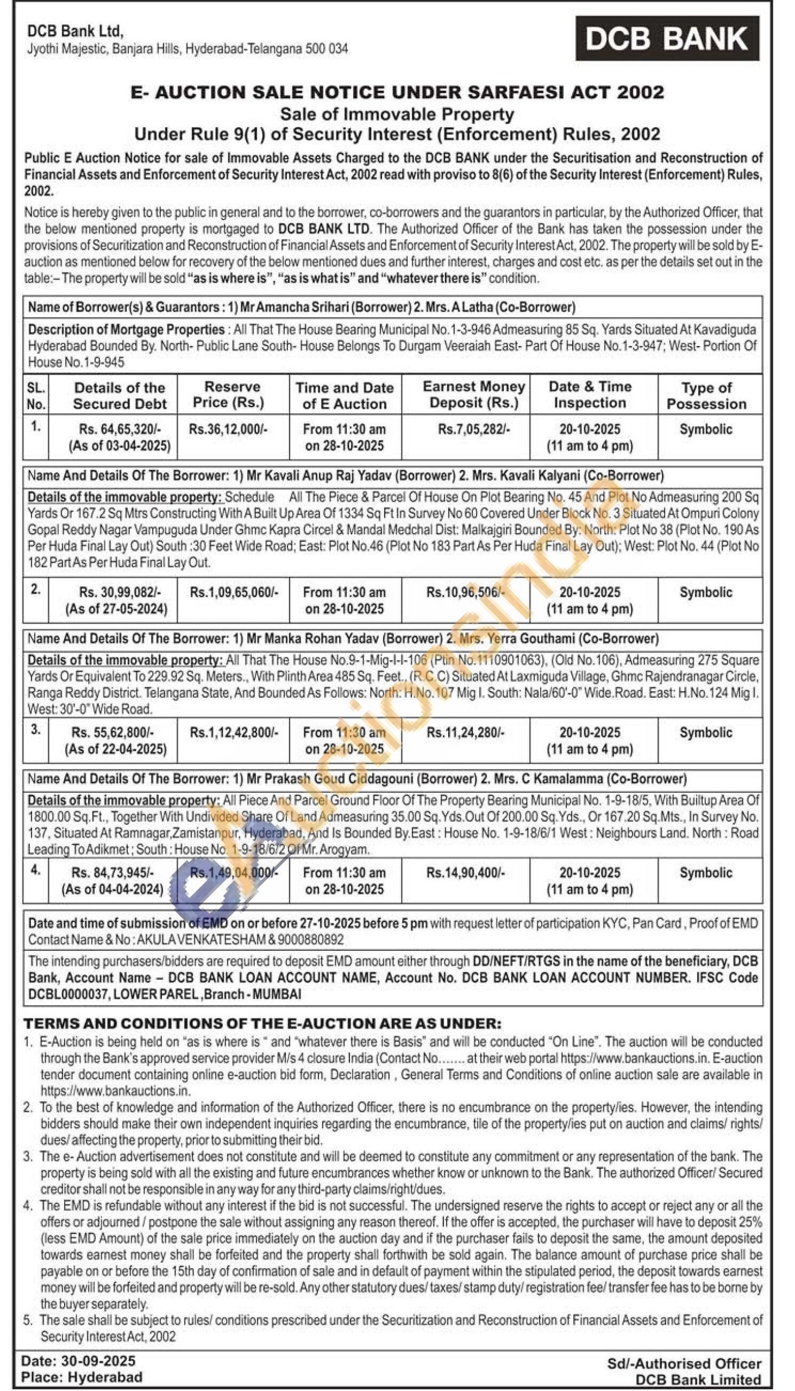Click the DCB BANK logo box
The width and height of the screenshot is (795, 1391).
pyautogui.click(x=667, y=38)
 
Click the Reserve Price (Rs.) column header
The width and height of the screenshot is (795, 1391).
pyautogui.click(x=233, y=394)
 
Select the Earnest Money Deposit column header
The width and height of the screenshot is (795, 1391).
pyautogui.click(x=473, y=394)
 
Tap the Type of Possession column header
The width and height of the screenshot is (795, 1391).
pyautogui.click(x=706, y=395)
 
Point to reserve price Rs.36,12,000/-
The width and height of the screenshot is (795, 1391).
pyautogui.click(x=228, y=429)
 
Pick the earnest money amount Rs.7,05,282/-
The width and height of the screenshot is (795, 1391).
pyautogui.click(x=473, y=429)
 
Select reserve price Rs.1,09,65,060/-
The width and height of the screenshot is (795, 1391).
pyautogui.click(x=234, y=592)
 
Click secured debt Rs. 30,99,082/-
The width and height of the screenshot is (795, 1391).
pyautogui.click(x=120, y=592)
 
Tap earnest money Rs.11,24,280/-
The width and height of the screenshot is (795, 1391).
pyautogui.click(x=465, y=732)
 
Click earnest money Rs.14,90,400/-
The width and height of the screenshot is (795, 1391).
pyautogui.click(x=465, y=873)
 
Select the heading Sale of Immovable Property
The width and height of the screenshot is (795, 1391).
pyautogui.click(x=397, y=114)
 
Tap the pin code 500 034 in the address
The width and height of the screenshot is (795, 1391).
pyautogui.click(x=328, y=48)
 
